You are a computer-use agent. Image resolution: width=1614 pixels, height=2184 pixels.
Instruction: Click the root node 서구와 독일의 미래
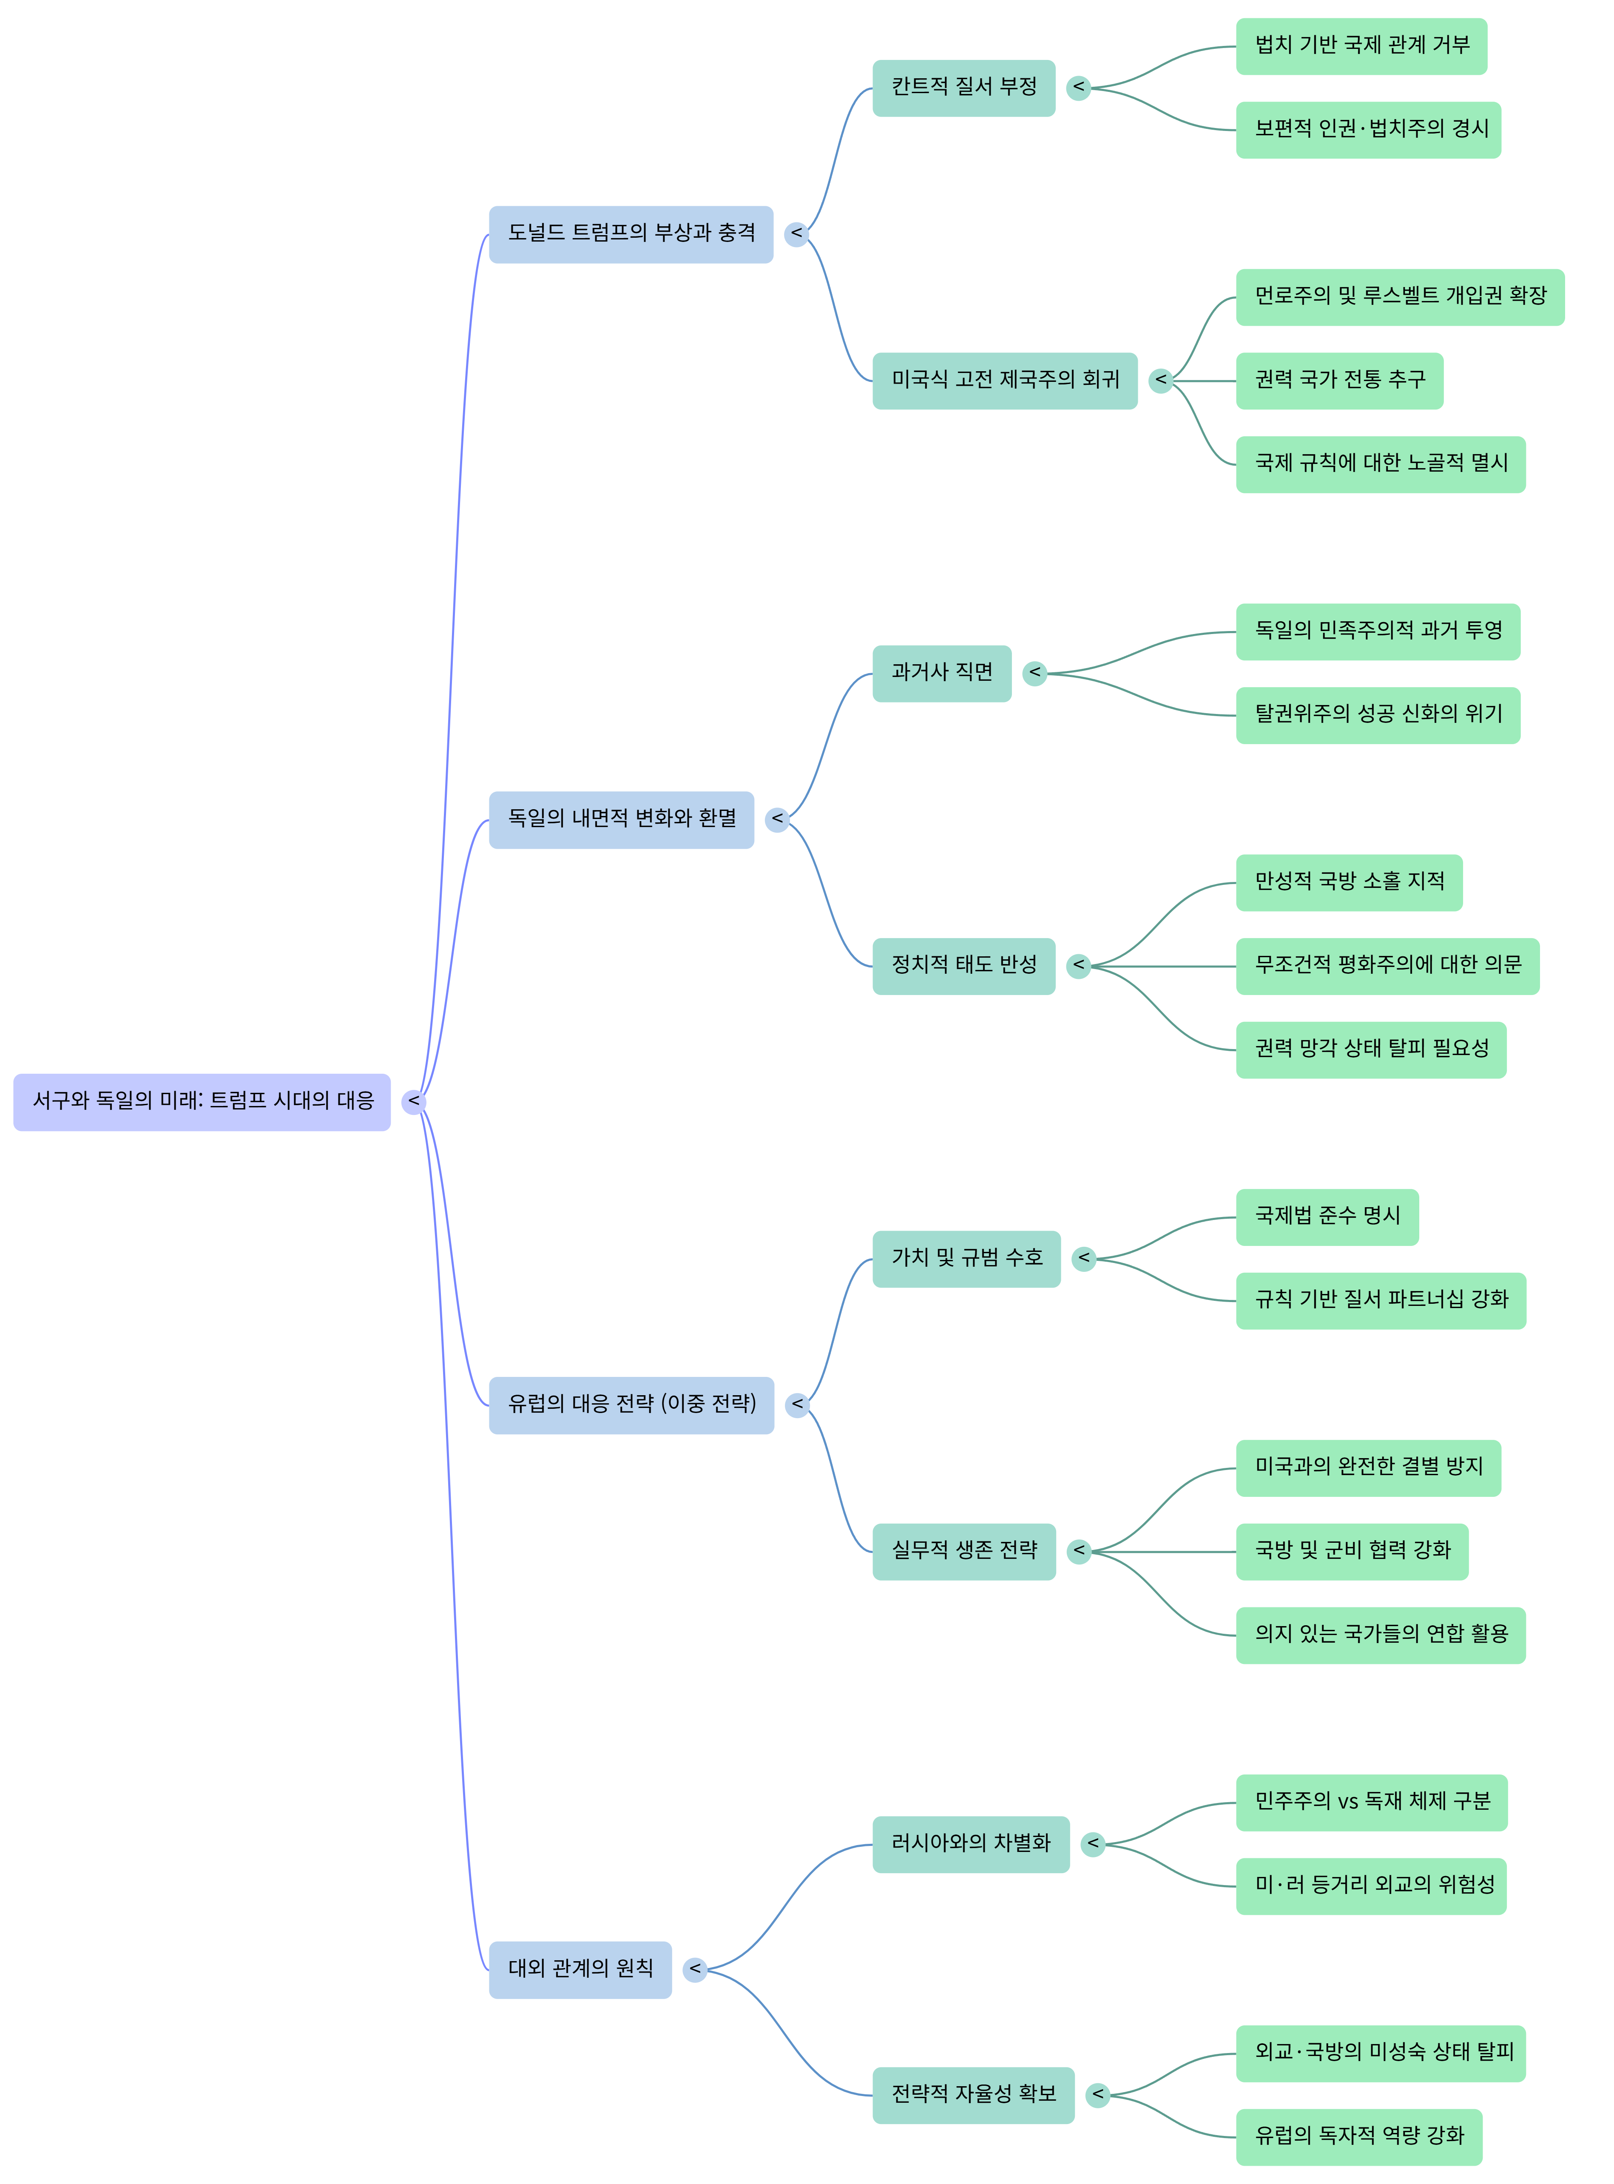[202, 1101]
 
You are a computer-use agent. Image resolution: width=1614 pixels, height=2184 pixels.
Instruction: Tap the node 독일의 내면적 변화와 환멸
[621, 819]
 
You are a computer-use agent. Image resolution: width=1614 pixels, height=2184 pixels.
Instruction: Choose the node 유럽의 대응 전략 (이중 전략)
[631, 1404]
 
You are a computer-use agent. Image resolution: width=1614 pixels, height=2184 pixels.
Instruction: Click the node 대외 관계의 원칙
[580, 1969]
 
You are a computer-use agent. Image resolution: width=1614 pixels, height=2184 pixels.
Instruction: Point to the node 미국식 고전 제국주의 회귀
[1004, 380]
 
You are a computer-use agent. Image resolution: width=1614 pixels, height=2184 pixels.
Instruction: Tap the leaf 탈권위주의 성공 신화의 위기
[1378, 714]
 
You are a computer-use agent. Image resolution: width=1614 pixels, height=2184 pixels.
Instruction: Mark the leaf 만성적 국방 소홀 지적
[1348, 882]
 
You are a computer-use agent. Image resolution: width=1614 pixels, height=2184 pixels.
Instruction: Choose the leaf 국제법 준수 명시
[1327, 1217]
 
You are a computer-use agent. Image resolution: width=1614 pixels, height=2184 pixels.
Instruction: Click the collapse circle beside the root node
[414, 1101]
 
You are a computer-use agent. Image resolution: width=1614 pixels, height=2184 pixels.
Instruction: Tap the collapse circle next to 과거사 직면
[1034, 673]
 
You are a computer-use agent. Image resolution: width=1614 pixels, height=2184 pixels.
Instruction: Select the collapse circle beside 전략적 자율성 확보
[1098, 2094]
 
